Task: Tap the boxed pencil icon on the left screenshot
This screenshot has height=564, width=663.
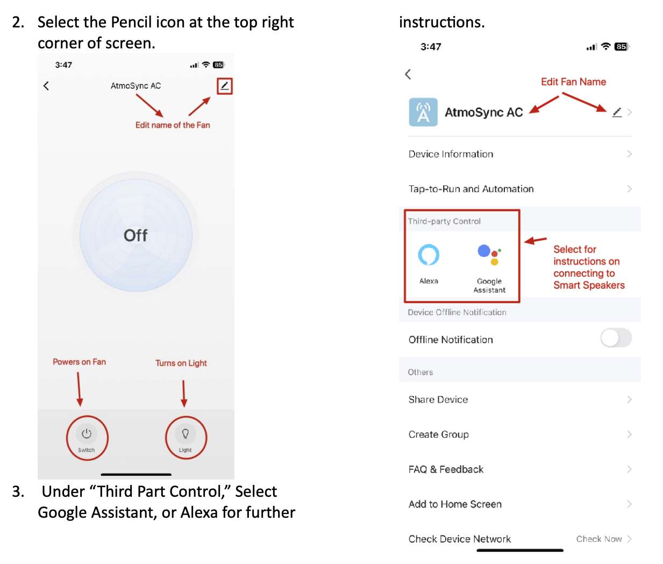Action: point(225,85)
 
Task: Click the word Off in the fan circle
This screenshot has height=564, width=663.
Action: point(136,235)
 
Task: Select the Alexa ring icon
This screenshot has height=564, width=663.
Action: point(429,255)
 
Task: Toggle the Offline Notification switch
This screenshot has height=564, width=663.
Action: point(616,338)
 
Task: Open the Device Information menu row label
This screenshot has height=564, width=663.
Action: point(451,154)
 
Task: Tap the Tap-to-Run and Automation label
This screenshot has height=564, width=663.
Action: point(471,189)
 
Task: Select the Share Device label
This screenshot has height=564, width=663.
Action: point(438,399)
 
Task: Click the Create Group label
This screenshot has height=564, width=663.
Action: point(438,434)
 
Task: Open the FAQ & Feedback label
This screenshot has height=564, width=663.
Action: point(446,469)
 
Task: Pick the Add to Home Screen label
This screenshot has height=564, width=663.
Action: point(455,504)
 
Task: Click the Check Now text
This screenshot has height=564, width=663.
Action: point(599,539)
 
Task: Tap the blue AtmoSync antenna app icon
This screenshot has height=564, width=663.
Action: point(423,112)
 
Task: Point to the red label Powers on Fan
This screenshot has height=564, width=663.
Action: point(79,362)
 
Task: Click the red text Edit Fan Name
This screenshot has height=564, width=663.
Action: point(574,82)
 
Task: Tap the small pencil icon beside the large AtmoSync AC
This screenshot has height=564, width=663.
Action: point(617,112)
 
